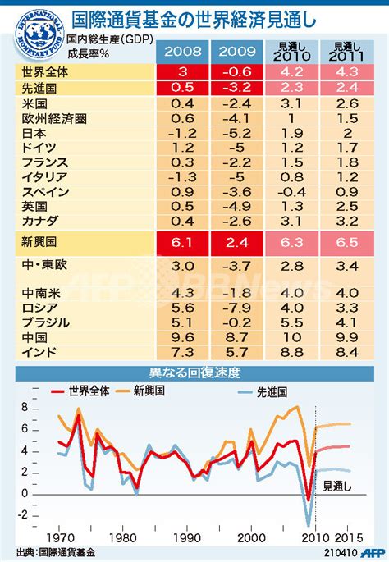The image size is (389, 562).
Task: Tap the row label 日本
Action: coord(34,134)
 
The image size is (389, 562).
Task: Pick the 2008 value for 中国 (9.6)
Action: coord(185,337)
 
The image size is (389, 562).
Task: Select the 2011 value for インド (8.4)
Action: coord(347,352)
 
